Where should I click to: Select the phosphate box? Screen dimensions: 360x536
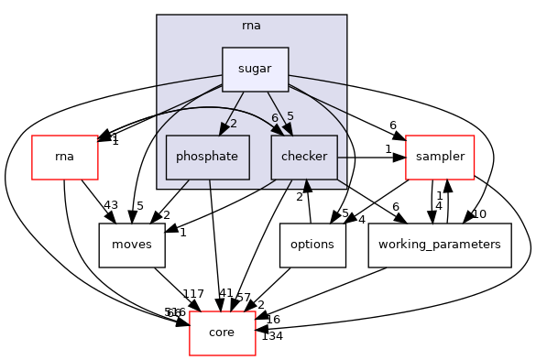(x=208, y=157)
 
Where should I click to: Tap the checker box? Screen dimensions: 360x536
(x=304, y=157)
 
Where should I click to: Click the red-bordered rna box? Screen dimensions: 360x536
(x=64, y=157)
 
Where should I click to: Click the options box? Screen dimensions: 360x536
(x=312, y=245)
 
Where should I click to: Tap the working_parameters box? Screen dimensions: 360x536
(x=439, y=245)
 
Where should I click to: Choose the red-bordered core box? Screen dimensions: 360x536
(x=222, y=332)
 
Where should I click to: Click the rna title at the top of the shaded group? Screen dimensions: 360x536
(x=252, y=25)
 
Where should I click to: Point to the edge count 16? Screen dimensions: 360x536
(x=272, y=318)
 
